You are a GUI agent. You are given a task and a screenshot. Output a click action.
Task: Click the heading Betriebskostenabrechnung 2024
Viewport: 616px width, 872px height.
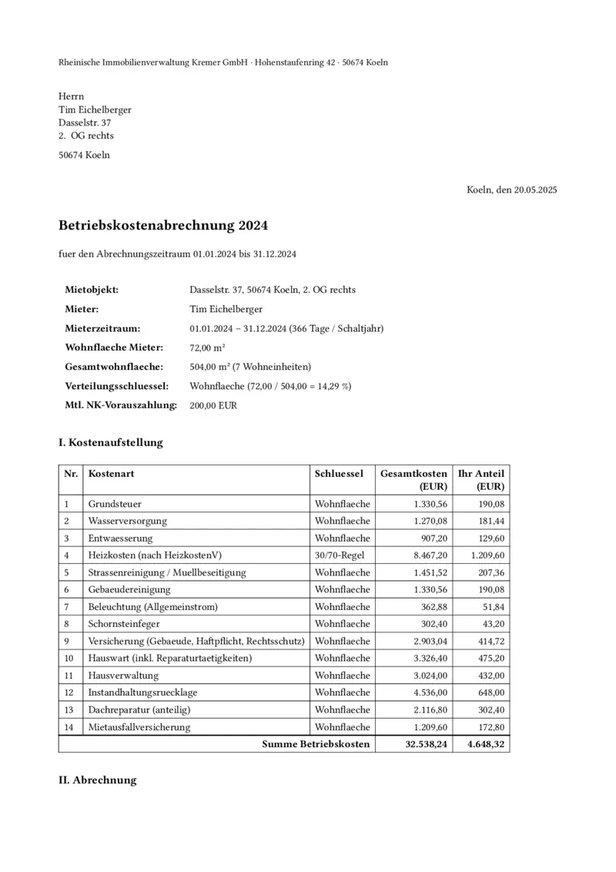(x=163, y=226)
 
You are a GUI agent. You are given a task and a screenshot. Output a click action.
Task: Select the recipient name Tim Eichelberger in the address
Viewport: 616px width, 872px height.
(x=95, y=109)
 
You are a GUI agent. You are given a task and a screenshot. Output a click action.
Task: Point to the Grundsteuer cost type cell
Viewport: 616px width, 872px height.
(x=115, y=504)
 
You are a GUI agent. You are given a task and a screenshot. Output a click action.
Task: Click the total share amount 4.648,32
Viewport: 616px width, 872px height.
(x=487, y=744)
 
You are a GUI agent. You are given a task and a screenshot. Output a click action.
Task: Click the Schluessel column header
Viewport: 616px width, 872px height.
(x=339, y=474)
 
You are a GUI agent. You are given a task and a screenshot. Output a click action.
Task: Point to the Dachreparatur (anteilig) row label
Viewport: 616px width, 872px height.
(x=139, y=709)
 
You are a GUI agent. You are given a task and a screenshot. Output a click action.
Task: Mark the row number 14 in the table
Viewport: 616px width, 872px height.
(x=69, y=726)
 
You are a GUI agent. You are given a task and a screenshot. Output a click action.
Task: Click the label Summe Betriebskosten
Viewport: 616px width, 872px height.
(x=316, y=744)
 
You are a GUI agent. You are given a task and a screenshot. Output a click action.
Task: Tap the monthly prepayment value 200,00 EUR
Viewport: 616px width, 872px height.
(x=213, y=405)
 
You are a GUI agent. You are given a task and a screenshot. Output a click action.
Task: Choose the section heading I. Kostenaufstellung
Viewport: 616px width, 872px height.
(x=111, y=443)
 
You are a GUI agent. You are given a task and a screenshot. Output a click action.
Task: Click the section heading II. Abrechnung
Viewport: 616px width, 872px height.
(x=98, y=780)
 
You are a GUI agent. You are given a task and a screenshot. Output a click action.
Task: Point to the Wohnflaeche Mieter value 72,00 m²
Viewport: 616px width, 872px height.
(x=207, y=348)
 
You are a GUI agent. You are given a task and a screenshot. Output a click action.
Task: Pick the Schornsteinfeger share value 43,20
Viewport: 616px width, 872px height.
(x=492, y=623)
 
